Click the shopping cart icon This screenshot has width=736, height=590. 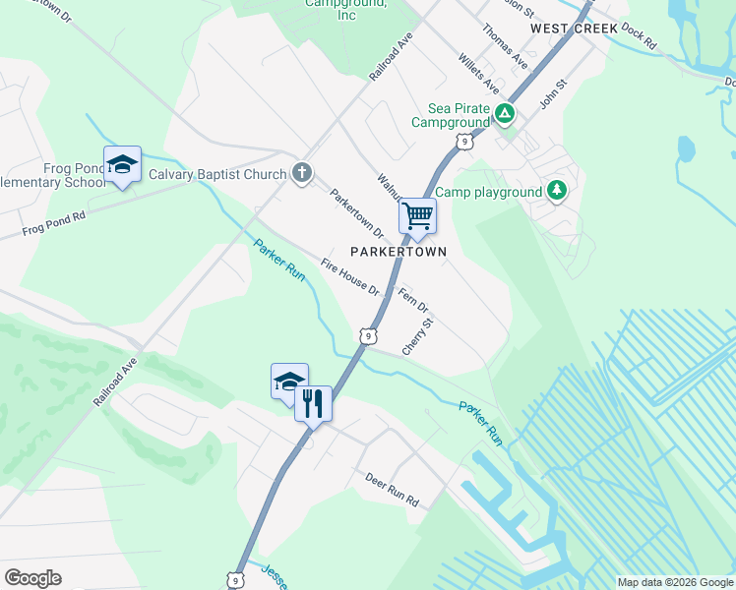(x=418, y=215)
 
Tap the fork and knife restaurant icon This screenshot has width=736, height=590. (x=313, y=402)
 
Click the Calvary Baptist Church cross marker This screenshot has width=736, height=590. (x=301, y=175)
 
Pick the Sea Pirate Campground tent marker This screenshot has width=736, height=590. (x=505, y=114)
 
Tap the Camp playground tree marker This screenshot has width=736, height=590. (x=557, y=190)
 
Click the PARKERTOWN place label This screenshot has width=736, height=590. (x=399, y=252)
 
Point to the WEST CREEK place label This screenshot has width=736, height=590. (x=574, y=29)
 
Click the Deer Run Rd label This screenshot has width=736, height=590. (x=393, y=489)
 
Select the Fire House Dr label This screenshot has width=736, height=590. (x=350, y=276)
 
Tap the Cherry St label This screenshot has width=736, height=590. (x=417, y=336)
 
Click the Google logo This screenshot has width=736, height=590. (x=32, y=578)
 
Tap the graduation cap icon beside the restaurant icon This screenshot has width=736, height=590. (x=289, y=381)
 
